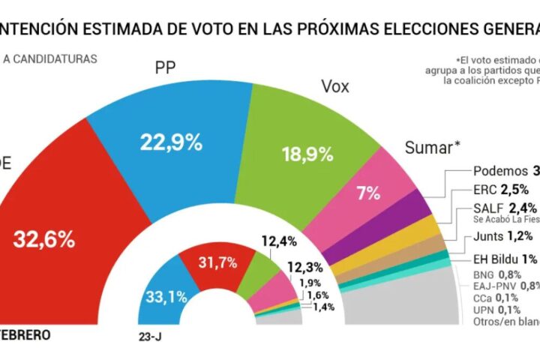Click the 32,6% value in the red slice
click(44, 240)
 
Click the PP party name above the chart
click(166, 67)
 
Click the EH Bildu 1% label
click(504, 259)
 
